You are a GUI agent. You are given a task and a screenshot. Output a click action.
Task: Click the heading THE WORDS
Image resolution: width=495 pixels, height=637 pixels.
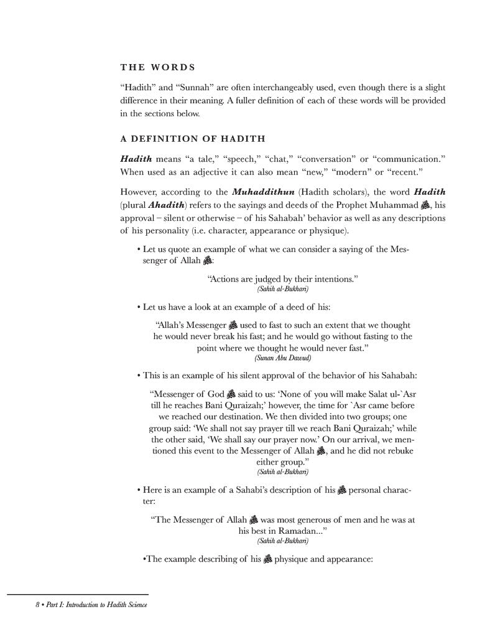pos(157,67)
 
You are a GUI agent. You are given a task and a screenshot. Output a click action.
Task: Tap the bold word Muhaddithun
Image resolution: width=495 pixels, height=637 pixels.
pos(259,192)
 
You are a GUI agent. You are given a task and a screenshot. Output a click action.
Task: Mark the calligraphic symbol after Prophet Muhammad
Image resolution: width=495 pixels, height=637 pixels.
pos(425,204)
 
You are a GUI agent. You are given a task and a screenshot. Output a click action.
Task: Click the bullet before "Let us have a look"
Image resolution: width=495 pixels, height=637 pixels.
pos(138,308)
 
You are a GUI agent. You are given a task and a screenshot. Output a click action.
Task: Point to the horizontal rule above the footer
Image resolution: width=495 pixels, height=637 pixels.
pos(78,595)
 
